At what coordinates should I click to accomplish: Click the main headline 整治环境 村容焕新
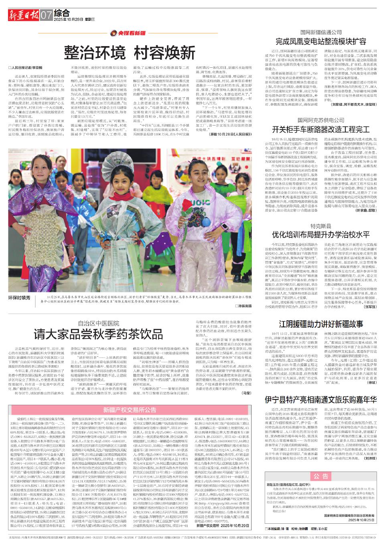[130, 53]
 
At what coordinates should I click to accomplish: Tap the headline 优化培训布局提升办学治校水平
[320, 234]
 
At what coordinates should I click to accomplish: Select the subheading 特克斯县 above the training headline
[320, 226]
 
